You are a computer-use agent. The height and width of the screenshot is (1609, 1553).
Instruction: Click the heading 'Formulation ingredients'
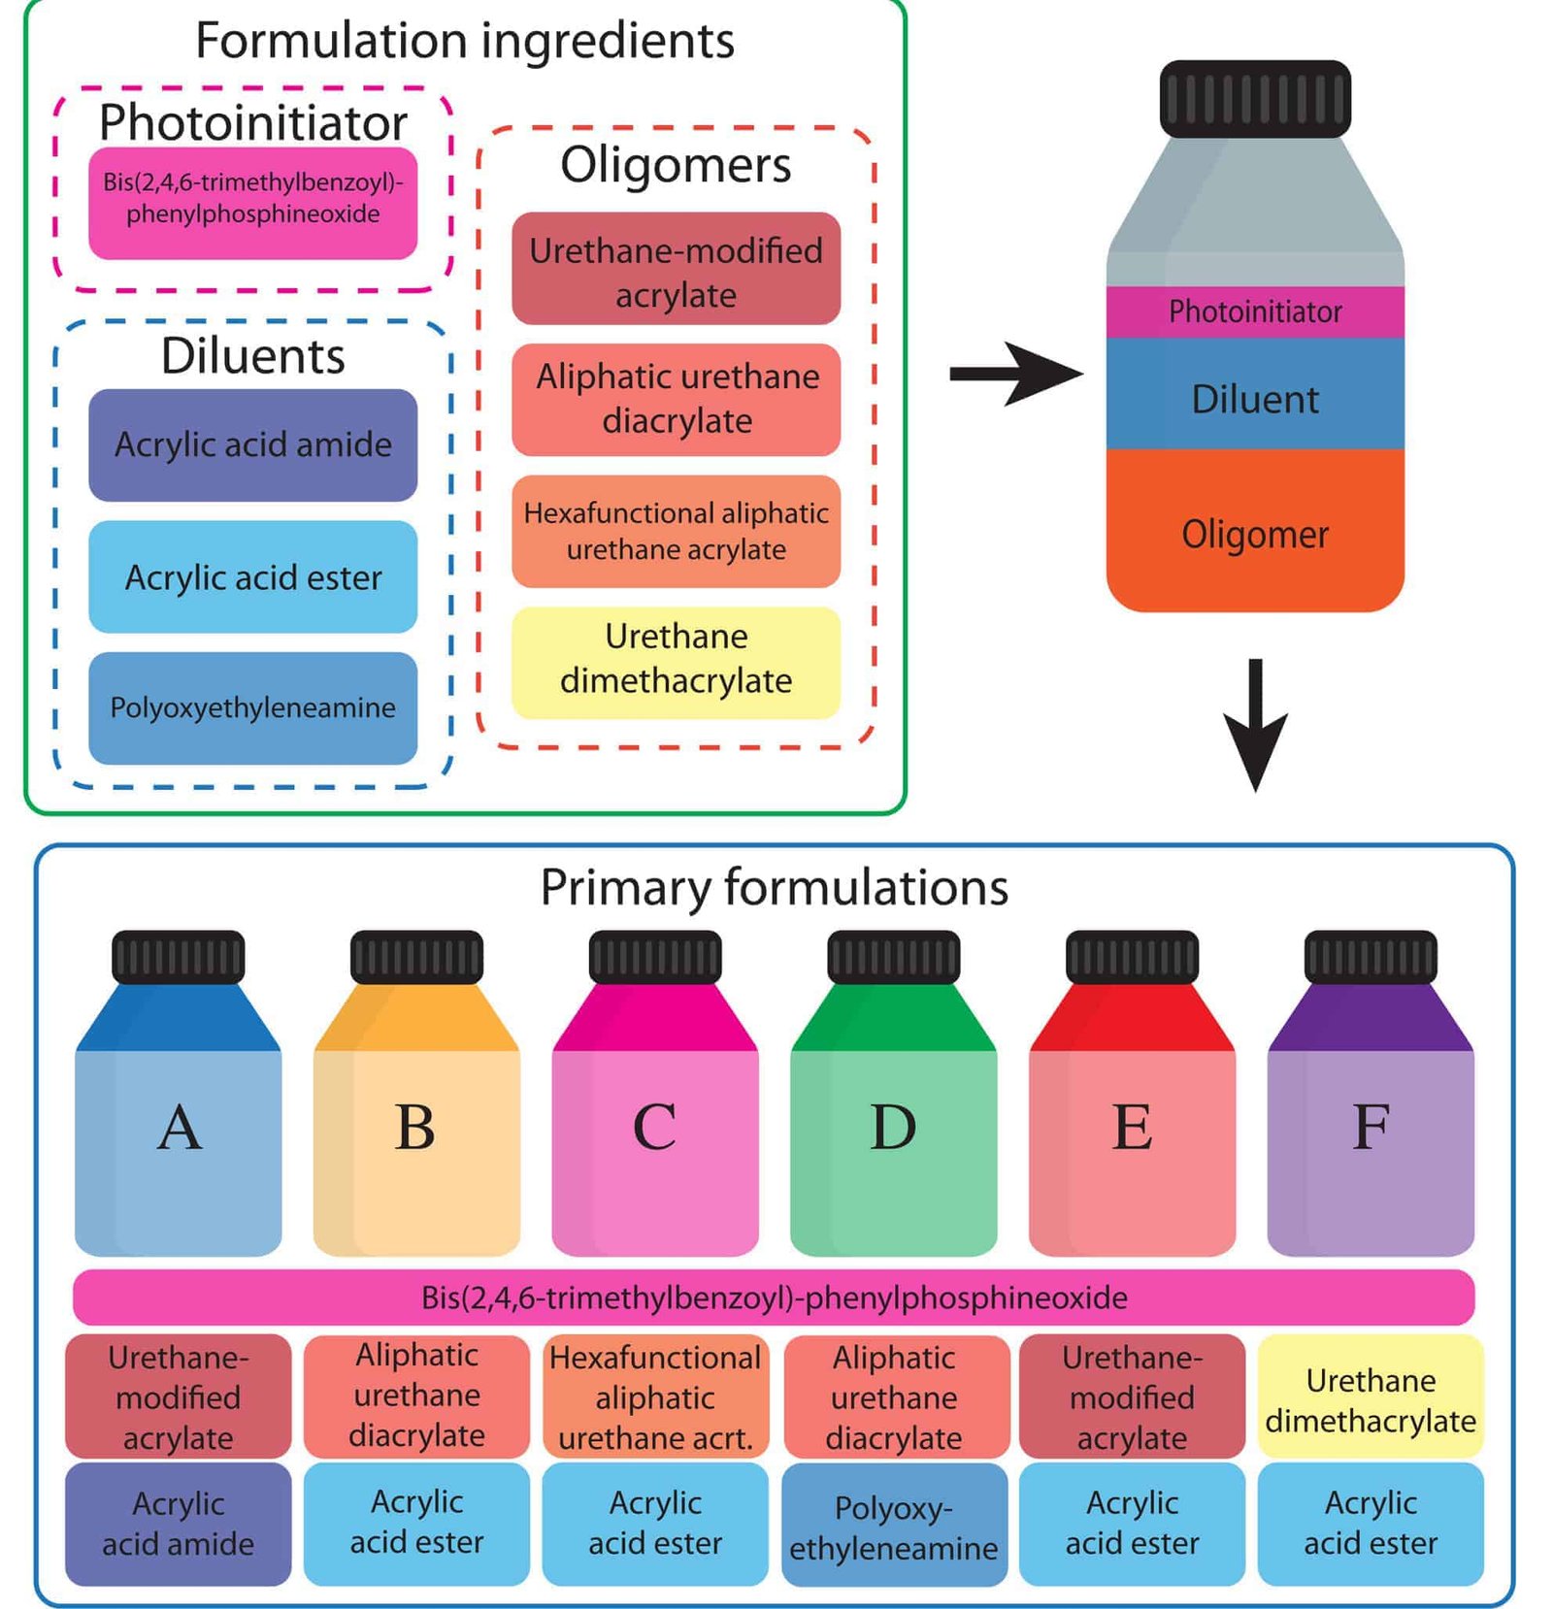[x=464, y=41]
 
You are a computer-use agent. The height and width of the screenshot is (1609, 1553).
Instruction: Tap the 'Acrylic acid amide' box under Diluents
[x=252, y=445]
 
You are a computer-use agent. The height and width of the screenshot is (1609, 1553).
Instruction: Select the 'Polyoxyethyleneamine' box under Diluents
[x=252, y=708]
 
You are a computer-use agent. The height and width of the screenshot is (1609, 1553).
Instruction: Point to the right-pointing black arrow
[x=1014, y=374]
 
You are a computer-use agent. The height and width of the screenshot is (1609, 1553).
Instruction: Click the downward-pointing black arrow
[x=1255, y=723]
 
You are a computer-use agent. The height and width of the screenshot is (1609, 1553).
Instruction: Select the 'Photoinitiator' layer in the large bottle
[x=1255, y=312]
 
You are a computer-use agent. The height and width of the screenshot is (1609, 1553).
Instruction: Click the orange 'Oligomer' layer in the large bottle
[x=1255, y=534]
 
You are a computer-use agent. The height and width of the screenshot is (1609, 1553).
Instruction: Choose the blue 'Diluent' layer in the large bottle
[x=1255, y=398]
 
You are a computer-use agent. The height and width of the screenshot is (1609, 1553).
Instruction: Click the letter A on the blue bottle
[x=180, y=1128]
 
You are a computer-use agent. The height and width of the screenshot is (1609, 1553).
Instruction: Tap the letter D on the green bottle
[x=893, y=1128]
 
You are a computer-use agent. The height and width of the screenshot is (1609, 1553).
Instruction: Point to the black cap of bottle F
[x=1371, y=957]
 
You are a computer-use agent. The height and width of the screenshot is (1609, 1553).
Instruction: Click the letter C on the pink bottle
[x=655, y=1128]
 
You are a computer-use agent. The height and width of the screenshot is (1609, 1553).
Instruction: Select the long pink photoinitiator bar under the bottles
[x=774, y=1297]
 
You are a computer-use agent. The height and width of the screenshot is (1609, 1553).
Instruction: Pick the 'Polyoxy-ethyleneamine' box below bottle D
[x=893, y=1527]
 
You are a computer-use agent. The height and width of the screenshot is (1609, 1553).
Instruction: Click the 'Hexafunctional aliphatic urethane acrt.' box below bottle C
[x=655, y=1397]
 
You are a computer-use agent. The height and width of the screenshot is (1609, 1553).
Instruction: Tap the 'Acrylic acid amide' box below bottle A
[x=179, y=1524]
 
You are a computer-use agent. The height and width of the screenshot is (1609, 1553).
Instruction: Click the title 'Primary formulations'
[x=774, y=887]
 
